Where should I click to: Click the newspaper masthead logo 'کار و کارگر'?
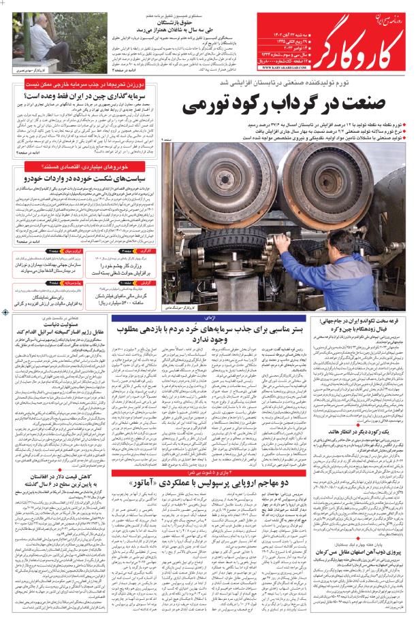(347, 37)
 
